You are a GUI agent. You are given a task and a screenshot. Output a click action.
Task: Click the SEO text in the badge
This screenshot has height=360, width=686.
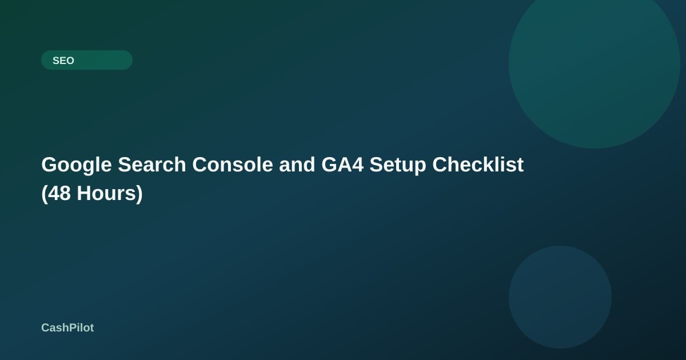tap(63, 61)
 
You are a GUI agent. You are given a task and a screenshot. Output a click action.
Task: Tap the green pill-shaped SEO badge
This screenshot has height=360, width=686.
tap(87, 60)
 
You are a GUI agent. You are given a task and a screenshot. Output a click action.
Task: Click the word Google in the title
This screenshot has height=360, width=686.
tap(77, 165)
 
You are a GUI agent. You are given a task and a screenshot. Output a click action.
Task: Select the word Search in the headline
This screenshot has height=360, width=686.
tap(152, 165)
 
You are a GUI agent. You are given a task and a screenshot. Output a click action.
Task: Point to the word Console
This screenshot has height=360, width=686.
tap(233, 165)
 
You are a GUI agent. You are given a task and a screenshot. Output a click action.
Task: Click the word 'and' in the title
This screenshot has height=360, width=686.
tap(297, 165)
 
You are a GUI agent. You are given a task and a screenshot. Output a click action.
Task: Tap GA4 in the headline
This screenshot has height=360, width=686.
tap(342, 165)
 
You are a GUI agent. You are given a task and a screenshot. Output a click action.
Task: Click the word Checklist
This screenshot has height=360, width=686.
tap(478, 165)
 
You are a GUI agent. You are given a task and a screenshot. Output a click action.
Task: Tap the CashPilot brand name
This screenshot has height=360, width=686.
tap(67, 327)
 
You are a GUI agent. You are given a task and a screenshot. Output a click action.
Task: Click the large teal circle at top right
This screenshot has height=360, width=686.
tap(594, 63)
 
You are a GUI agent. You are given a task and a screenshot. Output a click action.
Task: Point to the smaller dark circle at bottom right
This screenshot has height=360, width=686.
tap(560, 297)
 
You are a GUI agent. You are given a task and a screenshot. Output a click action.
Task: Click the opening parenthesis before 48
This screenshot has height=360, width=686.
tap(45, 194)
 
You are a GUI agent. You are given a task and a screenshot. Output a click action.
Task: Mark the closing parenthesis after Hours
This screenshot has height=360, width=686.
tap(139, 194)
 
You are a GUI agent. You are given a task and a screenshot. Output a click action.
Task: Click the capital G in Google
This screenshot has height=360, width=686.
tap(50, 165)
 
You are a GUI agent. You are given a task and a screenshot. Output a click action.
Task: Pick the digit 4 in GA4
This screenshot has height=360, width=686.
tap(358, 165)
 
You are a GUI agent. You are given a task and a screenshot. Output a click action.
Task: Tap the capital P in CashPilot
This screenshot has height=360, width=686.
tap(71, 327)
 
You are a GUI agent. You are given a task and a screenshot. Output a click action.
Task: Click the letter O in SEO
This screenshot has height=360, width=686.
tap(70, 61)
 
